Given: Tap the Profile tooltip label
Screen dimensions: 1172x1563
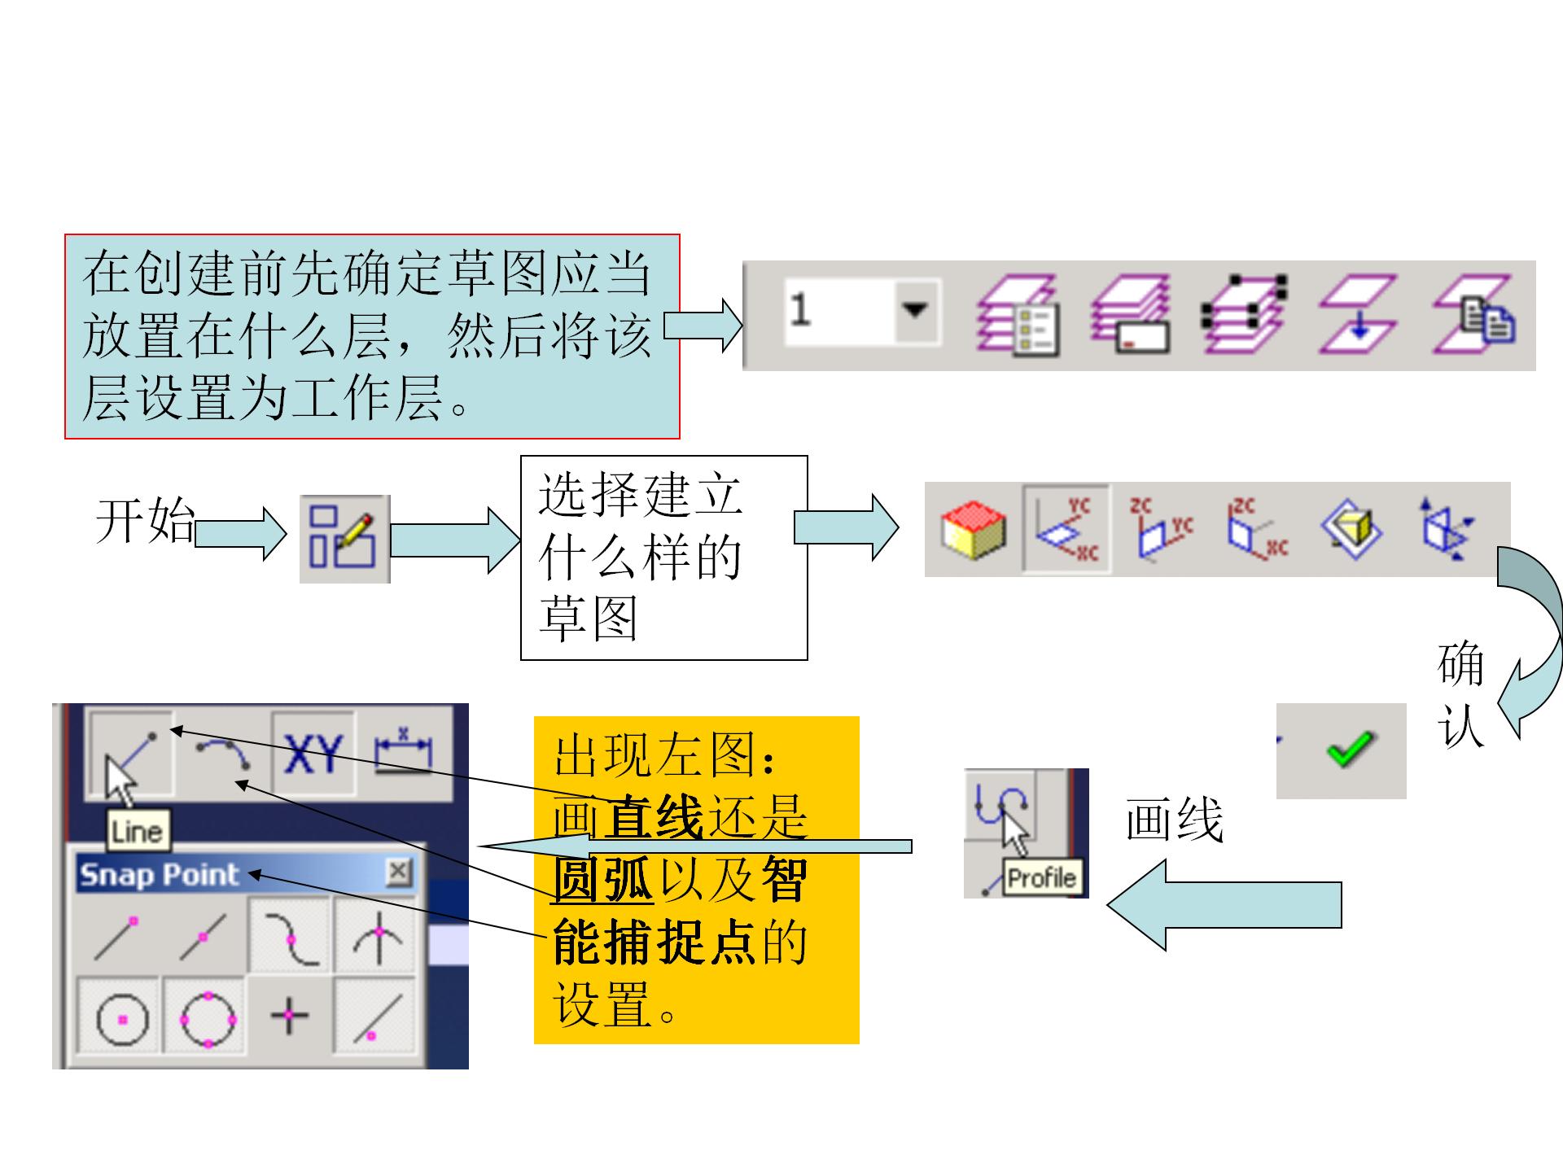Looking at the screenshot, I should (1041, 878).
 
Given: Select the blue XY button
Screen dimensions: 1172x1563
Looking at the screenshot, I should (313, 754).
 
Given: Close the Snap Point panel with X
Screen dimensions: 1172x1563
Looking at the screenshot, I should (399, 872).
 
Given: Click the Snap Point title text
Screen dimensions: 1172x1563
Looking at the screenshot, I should (160, 875).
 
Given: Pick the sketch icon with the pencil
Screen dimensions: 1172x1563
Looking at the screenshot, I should (344, 539).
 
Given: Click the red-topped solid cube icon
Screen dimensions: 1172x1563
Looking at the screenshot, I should (973, 530).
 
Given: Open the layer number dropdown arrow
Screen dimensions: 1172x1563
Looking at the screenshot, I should (916, 310).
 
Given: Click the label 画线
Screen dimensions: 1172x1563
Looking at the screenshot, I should (1175, 820).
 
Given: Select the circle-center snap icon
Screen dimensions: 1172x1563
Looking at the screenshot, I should (122, 1018).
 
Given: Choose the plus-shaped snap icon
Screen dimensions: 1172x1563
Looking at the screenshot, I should (289, 1016).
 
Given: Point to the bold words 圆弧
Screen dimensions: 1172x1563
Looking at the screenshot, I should (602, 881).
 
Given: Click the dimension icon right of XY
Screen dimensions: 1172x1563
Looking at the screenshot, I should (402, 754).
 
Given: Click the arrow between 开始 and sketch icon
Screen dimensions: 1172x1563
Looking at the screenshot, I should (241, 534).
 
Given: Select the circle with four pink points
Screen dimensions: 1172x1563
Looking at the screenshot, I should (208, 1018).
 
